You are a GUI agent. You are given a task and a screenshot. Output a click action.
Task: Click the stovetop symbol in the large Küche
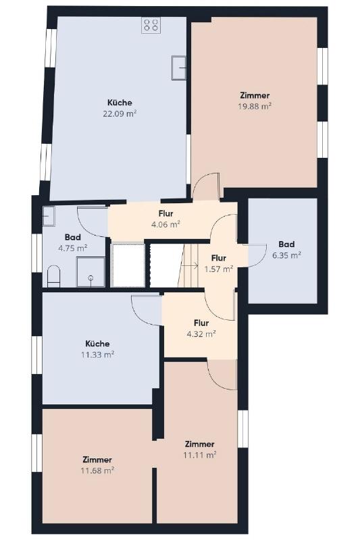pos(151,25)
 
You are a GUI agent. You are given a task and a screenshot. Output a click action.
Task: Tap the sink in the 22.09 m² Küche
pos(179,68)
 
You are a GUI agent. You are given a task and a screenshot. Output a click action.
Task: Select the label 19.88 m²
pos(255,106)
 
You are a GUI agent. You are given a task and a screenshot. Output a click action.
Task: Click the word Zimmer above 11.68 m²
pos(97,460)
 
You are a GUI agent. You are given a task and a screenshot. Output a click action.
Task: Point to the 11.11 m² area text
pos(200,455)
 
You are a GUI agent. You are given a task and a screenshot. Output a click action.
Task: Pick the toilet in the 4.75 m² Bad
pos(53,276)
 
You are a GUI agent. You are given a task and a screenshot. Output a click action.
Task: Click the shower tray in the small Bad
pos(91,272)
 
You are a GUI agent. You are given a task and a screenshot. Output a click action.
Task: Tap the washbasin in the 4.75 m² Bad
pos(49,216)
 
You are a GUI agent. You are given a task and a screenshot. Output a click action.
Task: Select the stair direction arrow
pos(190,265)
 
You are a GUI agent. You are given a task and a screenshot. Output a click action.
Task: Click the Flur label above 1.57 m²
pos(219,258)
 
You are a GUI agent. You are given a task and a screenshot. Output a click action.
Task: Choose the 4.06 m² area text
pos(166,225)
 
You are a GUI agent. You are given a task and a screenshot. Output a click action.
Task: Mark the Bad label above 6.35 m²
pos(286,244)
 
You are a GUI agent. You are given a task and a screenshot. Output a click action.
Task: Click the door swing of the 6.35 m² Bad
pos(258,256)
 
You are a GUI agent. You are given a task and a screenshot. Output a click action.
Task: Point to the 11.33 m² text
pos(97,355)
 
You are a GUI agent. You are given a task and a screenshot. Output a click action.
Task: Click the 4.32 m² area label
pos(201,333)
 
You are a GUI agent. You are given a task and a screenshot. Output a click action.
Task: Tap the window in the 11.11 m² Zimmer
pos(243,429)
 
